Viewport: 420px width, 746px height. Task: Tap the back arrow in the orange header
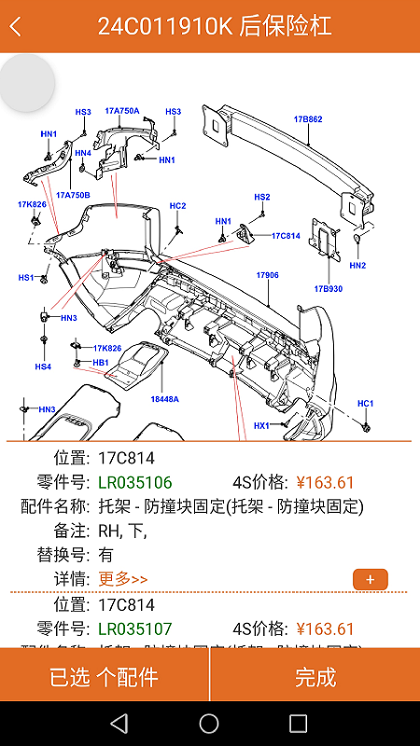(x=16, y=26)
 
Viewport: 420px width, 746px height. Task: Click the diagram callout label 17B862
(x=308, y=119)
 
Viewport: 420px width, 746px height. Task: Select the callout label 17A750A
(x=121, y=111)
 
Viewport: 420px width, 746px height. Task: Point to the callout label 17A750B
(x=73, y=195)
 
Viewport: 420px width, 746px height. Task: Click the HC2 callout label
(x=177, y=205)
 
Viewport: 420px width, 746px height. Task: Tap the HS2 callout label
(x=262, y=197)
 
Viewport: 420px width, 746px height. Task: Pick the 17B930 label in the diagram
(x=329, y=289)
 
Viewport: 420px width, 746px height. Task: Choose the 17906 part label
(x=268, y=275)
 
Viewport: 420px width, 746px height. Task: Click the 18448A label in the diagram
(x=164, y=399)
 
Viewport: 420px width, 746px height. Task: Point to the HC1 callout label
(x=365, y=404)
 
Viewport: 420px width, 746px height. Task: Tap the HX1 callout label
(x=261, y=425)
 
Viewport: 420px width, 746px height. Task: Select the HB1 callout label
(x=101, y=362)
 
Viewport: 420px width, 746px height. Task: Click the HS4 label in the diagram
(x=43, y=366)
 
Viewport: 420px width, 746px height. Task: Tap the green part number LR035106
(x=135, y=482)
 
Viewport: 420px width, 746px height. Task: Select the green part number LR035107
(x=135, y=629)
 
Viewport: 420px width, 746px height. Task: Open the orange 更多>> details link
(x=122, y=579)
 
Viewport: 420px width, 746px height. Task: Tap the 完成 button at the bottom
(x=315, y=677)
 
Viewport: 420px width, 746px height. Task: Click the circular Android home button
(x=209, y=724)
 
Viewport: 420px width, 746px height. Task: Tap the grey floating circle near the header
(x=26, y=83)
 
